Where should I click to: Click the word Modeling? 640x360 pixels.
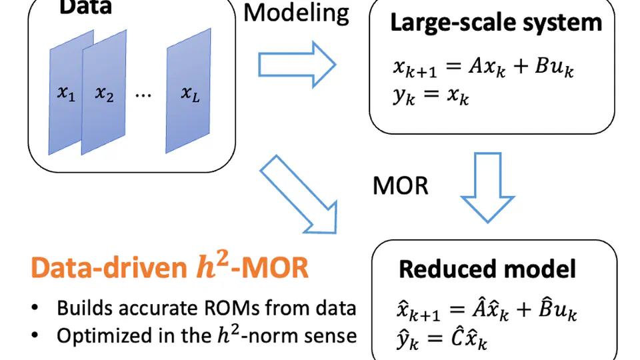point(297,12)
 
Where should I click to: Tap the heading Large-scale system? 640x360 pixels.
point(495,23)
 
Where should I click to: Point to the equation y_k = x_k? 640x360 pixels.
point(431,97)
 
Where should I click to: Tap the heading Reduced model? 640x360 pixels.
point(487,269)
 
